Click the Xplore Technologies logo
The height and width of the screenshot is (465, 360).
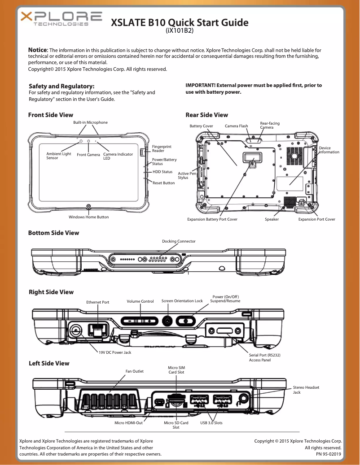pyautogui.click(x=61, y=20)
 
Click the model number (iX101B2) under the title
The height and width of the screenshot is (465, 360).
pyautogui.click(x=180, y=30)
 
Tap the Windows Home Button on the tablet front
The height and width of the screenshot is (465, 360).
pyautogui.click(x=88, y=207)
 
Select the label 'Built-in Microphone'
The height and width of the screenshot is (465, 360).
pyautogui.click(x=90, y=122)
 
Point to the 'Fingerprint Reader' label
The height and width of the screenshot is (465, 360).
pyautogui.click(x=162, y=149)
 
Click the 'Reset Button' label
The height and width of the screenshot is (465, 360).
pyautogui.click(x=163, y=183)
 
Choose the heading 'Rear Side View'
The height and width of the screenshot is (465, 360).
pyautogui.click(x=206, y=115)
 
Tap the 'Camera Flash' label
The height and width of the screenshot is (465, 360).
pyautogui.click(x=236, y=126)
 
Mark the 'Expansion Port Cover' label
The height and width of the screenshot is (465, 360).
pyautogui.click(x=317, y=219)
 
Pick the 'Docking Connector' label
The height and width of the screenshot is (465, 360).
pyautogui.click(x=179, y=241)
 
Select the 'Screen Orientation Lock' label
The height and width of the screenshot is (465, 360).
pyautogui.click(x=182, y=301)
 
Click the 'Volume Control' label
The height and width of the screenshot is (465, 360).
pyautogui.click(x=140, y=301)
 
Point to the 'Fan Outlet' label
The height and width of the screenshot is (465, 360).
pyautogui.click(x=134, y=371)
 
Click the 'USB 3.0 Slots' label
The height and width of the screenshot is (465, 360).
pyautogui.click(x=211, y=423)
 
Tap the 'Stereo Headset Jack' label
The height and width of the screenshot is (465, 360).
pyautogui.click(x=306, y=390)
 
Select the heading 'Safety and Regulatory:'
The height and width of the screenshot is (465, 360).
pyautogui.click(x=61, y=86)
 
